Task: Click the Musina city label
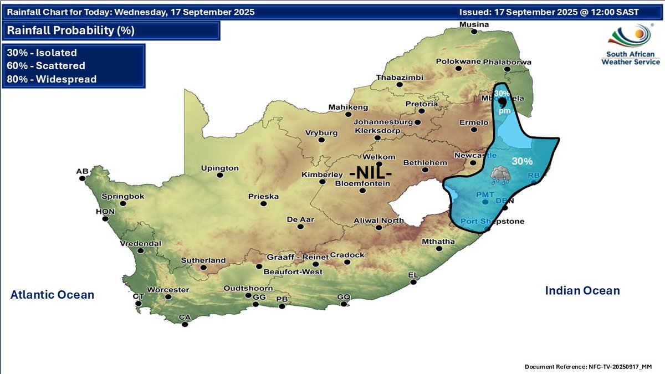click(474, 25)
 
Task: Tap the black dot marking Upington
click(220, 176)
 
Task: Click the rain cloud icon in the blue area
click(500, 176)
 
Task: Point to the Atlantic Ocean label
click(52, 295)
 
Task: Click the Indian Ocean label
click(582, 290)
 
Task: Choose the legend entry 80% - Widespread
click(52, 79)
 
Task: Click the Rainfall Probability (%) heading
click(71, 30)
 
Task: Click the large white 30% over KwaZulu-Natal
click(521, 162)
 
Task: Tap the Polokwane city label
click(458, 62)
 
